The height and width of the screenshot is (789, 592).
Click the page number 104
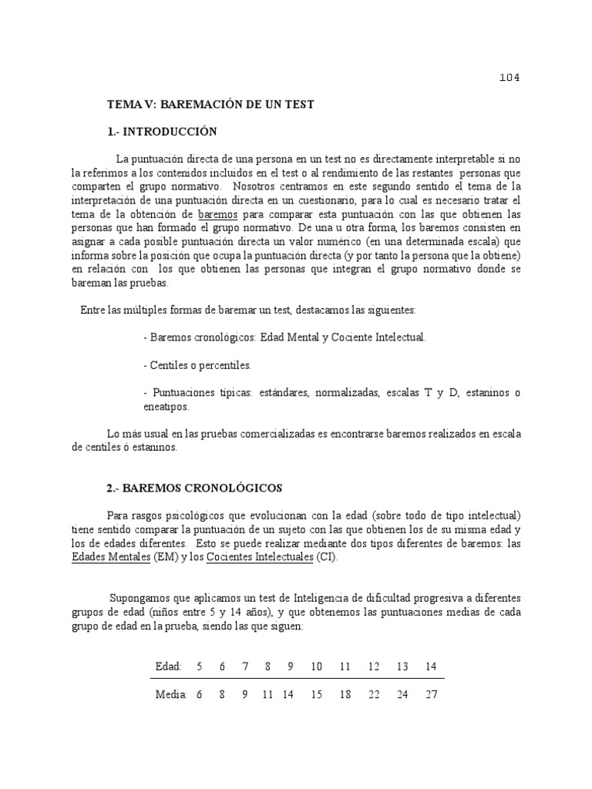[510, 78]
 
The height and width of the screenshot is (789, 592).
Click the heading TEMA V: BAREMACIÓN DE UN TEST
[210, 104]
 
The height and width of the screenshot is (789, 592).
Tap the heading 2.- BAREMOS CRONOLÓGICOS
[194, 488]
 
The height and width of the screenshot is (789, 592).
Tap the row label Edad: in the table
[168, 666]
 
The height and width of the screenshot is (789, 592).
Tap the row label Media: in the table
[171, 694]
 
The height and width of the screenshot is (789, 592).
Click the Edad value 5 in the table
[199, 666]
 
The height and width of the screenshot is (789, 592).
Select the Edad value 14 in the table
[431, 666]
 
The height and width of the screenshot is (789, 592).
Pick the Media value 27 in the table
[431, 694]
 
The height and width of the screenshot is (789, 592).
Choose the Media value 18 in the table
[345, 694]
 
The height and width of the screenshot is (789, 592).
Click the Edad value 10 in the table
[316, 666]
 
